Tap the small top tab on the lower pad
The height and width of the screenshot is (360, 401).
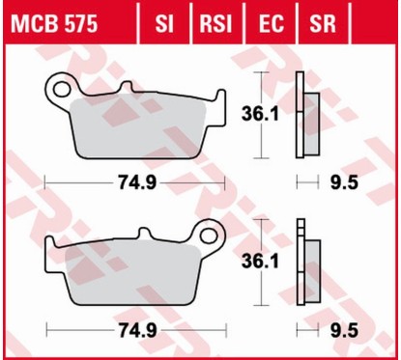[144, 235]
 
